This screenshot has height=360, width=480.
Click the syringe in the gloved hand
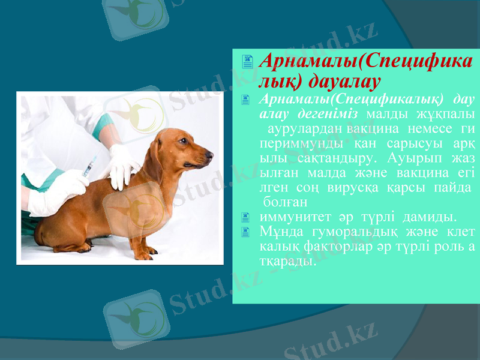click(x=89, y=166)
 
